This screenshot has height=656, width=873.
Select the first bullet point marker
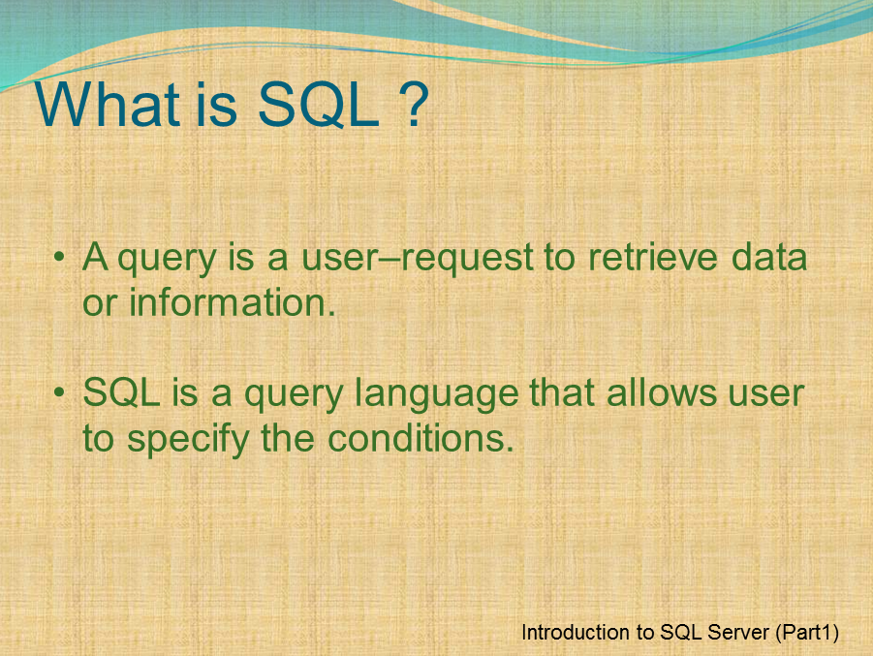point(60,259)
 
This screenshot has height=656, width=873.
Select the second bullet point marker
point(60,395)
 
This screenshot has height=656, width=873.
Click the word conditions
point(419,439)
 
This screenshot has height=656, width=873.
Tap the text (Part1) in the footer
point(808,633)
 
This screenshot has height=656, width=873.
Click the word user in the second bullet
point(770,396)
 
